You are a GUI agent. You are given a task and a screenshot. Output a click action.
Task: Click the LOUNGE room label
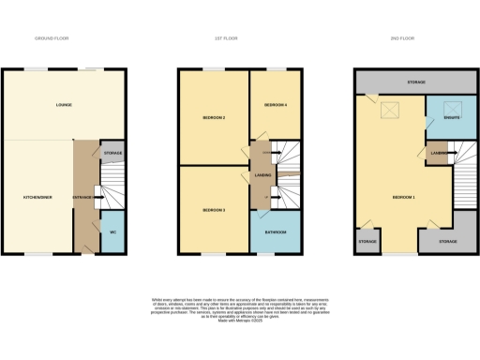pos(64,104)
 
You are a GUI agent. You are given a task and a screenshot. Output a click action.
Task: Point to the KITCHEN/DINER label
pos(37,198)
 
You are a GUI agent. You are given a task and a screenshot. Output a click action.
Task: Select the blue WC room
pos(112,232)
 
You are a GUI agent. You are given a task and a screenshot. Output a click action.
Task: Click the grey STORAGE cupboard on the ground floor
pos(112,152)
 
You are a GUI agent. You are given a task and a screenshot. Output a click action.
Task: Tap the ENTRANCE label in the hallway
pos(83,198)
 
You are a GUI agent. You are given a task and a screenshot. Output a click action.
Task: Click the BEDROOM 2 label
pos(214,118)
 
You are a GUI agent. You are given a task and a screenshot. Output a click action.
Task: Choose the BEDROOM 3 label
pos(214,210)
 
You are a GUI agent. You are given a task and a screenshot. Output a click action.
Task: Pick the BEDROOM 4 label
pos(275,105)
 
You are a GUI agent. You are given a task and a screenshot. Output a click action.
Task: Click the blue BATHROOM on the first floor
pos(274,232)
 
